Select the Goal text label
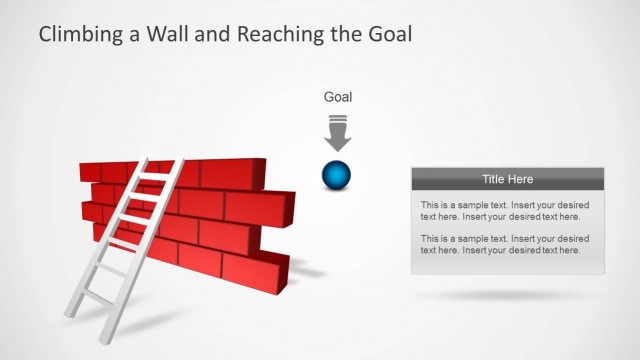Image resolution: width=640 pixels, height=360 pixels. click(337, 97)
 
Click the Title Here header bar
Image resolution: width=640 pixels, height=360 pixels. click(507, 179)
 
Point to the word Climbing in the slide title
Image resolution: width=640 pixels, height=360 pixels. click(77, 35)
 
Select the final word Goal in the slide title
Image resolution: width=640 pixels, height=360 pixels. click(389, 35)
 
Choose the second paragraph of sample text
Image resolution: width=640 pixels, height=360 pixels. click(500, 244)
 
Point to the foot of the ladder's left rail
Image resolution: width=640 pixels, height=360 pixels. click(70, 316)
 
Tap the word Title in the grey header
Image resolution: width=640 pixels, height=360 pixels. click(494, 179)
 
